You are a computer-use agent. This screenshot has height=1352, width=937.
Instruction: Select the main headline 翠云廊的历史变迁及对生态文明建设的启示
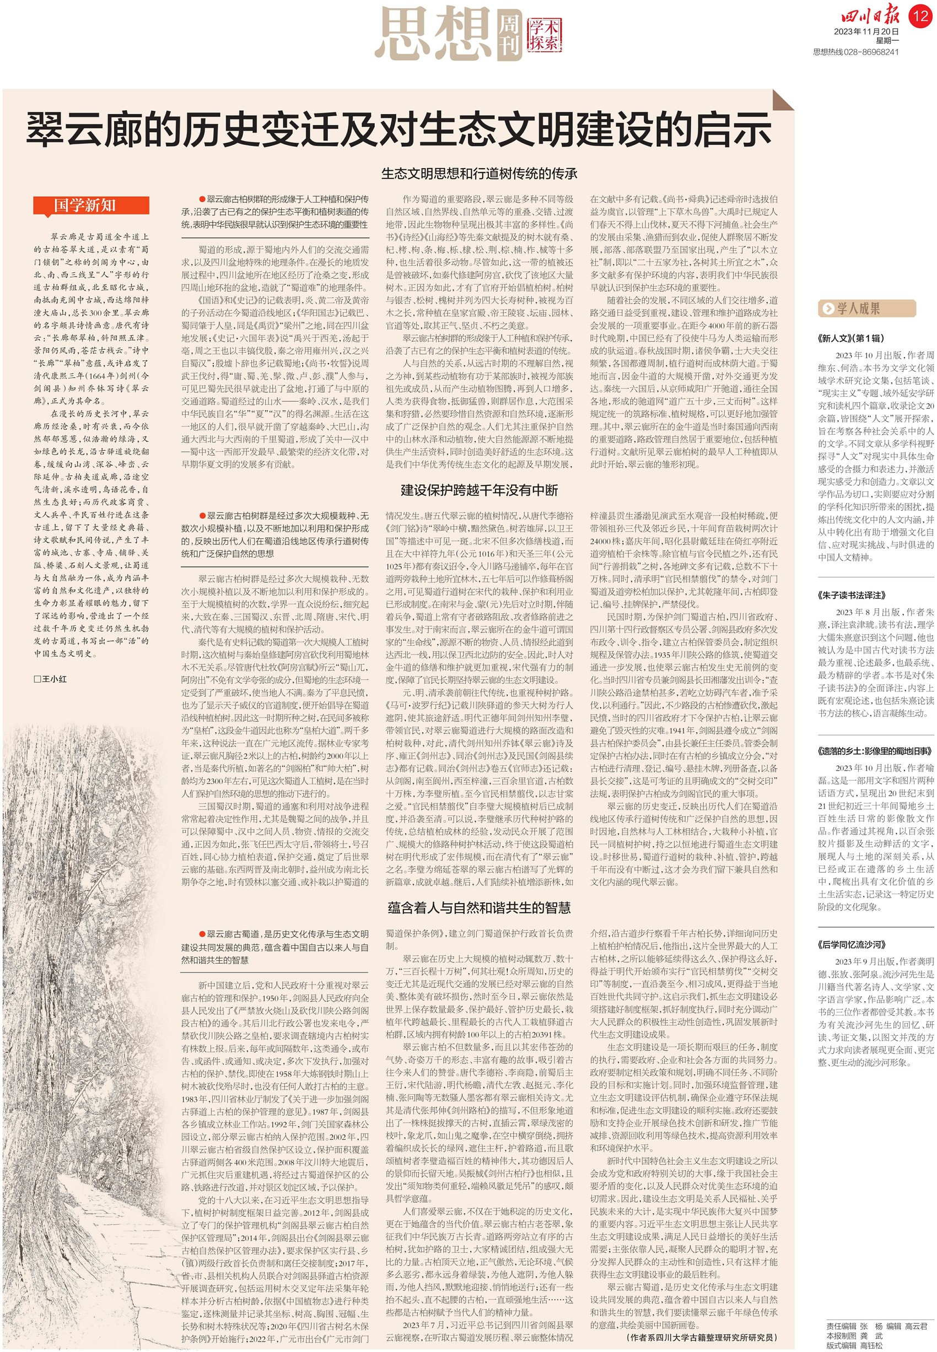399,129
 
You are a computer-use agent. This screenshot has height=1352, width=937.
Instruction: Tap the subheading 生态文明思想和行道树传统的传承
479,174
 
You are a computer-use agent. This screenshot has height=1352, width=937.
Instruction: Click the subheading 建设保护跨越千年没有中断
479,490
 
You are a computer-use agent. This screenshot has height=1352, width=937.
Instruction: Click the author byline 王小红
51,679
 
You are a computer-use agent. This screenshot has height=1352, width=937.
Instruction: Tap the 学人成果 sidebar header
866,309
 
